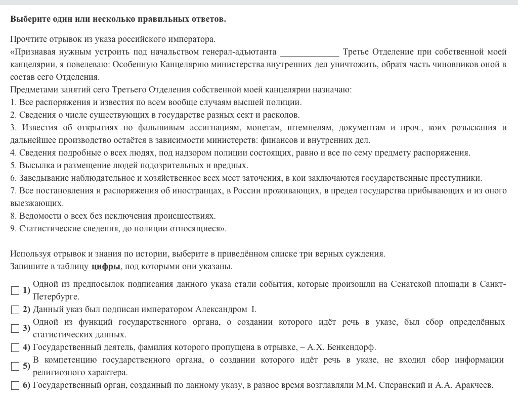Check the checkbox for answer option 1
tap(15, 290)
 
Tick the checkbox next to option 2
tap(15, 310)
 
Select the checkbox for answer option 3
tap(15, 328)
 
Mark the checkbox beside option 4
tap(15, 347)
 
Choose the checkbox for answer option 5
tap(15, 366)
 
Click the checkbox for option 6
tap(15, 385)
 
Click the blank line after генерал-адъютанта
tap(309, 52)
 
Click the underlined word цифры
tap(106, 267)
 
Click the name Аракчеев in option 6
tap(474, 385)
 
